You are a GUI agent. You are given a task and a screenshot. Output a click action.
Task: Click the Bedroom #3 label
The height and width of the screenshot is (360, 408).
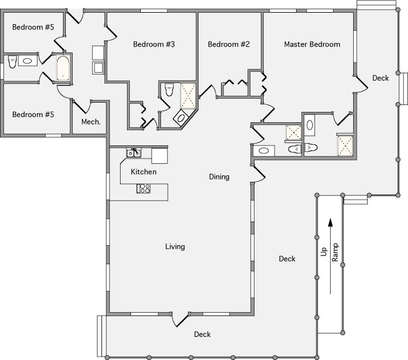[x=154, y=44]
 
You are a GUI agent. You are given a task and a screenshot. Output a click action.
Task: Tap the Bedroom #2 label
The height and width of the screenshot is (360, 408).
[x=229, y=44]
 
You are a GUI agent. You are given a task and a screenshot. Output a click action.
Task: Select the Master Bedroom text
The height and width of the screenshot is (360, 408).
[x=312, y=44]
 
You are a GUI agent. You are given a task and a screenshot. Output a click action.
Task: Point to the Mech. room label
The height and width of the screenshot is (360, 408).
[x=91, y=122]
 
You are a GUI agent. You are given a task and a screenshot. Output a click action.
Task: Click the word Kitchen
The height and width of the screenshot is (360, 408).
[x=143, y=172]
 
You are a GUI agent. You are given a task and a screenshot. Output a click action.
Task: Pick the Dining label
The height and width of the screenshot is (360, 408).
[x=219, y=177]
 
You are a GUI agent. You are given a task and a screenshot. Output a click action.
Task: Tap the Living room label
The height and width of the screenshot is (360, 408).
[x=175, y=247]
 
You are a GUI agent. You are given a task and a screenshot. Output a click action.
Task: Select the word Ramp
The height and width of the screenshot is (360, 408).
[x=335, y=253]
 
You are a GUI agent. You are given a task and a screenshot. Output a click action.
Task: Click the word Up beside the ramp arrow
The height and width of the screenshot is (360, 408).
[x=324, y=253]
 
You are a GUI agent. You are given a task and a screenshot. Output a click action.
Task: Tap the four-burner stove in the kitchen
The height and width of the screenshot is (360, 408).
[x=144, y=188]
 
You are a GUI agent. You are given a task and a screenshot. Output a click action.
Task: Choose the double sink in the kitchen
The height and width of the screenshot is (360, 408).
[x=134, y=153]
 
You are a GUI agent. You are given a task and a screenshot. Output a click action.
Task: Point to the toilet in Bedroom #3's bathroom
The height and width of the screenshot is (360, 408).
[x=169, y=89]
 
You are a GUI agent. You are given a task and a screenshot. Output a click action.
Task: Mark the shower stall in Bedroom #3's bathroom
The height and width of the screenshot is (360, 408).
[x=189, y=96]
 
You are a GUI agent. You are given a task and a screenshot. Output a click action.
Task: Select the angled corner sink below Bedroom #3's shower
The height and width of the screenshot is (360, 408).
[x=181, y=118]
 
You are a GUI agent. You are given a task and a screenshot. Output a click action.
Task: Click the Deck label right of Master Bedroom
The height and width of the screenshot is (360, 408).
[x=380, y=78]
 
